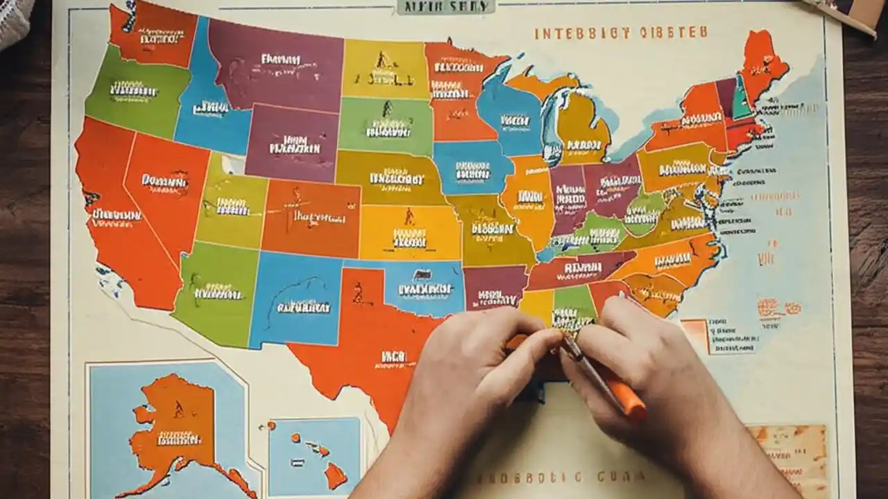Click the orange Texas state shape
368,347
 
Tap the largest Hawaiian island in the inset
336,475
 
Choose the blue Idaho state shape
208,104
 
